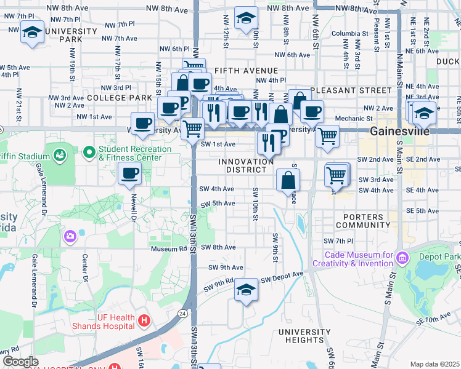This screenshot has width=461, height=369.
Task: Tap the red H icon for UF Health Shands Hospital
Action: coord(144,320)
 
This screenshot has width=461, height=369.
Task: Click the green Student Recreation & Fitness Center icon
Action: coord(89,151)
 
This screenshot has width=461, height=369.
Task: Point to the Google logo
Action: coord(20,362)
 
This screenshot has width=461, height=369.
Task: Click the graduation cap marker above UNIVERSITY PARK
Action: coord(31,32)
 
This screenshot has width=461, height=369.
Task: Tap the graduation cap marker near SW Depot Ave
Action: coord(246,290)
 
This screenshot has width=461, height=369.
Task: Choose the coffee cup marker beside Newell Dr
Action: coord(129,175)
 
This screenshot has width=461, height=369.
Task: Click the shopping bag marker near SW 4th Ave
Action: coord(288,180)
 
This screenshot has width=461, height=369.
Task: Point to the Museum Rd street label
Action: coord(169,248)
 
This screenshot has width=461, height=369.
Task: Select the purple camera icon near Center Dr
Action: coord(69,236)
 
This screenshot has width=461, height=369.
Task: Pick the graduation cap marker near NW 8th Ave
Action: coord(246,18)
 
